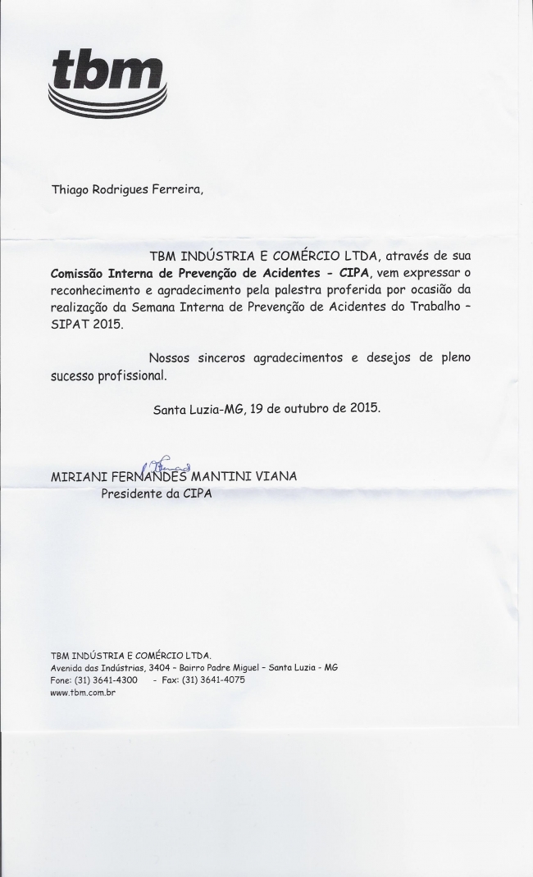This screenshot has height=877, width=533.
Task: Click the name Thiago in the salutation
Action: pos(73,189)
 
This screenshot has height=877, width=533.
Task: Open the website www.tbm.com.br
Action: pos(83,693)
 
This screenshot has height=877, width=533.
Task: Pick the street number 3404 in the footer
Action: pos(152,668)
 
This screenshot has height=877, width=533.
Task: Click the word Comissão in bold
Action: pos(77,271)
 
